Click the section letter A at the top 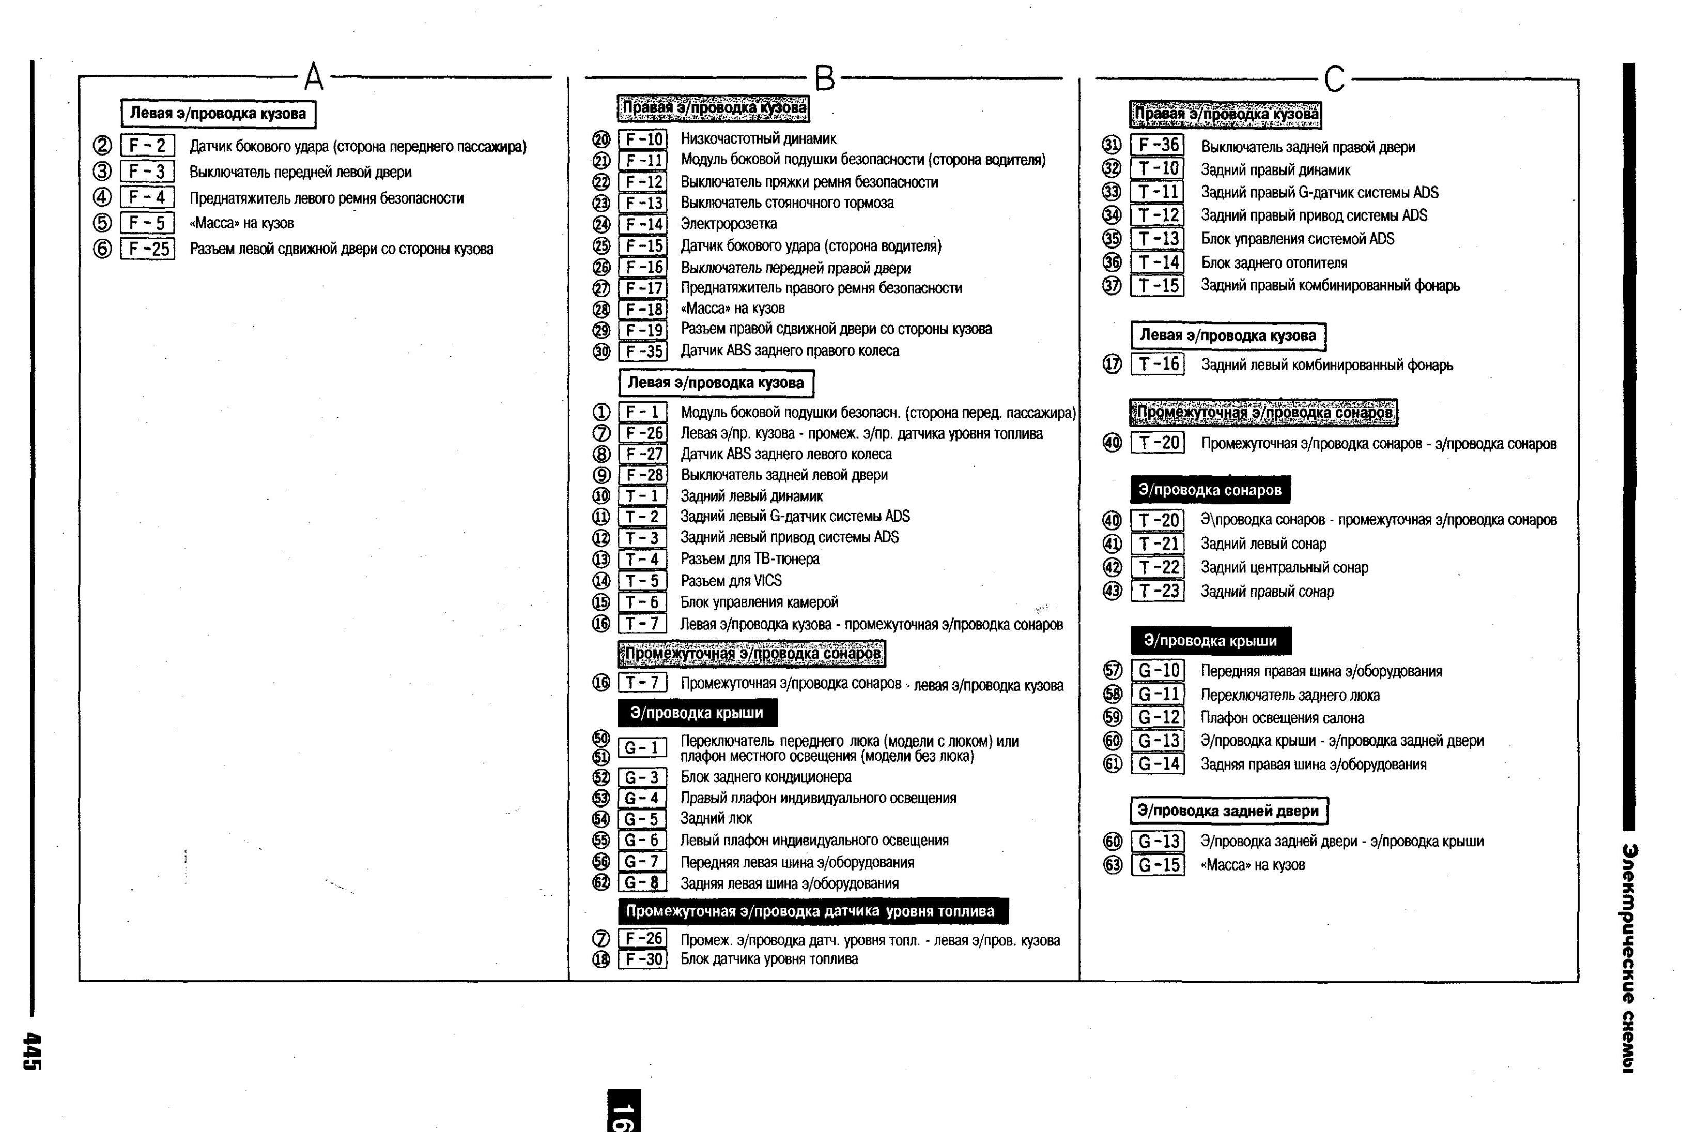(x=314, y=76)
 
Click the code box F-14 (x=643, y=225)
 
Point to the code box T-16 (x=1158, y=364)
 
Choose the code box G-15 (x=1158, y=865)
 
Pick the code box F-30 (x=643, y=959)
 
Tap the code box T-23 (x=1158, y=591)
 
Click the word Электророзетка (x=728, y=224)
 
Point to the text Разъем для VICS (x=731, y=581)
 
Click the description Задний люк (x=716, y=819)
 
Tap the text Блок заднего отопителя (x=1274, y=263)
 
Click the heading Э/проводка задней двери (x=1228, y=811)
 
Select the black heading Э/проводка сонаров (x=1210, y=490)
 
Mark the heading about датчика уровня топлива (x=813, y=911)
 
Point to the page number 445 (x=33, y=1051)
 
